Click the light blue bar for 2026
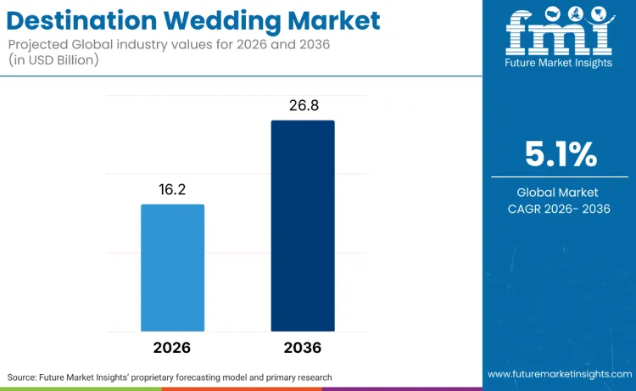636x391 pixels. coord(172,267)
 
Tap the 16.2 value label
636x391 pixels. coord(172,191)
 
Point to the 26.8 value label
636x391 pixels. coord(303,106)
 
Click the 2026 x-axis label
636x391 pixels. coord(172,348)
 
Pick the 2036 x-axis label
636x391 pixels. coord(303,348)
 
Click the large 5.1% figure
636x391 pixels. coord(559,155)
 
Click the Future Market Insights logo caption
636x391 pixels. coord(559,64)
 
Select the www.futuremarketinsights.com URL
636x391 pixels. coord(559,374)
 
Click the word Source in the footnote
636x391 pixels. coord(25,377)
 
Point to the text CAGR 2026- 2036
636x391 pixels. coord(559,209)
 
